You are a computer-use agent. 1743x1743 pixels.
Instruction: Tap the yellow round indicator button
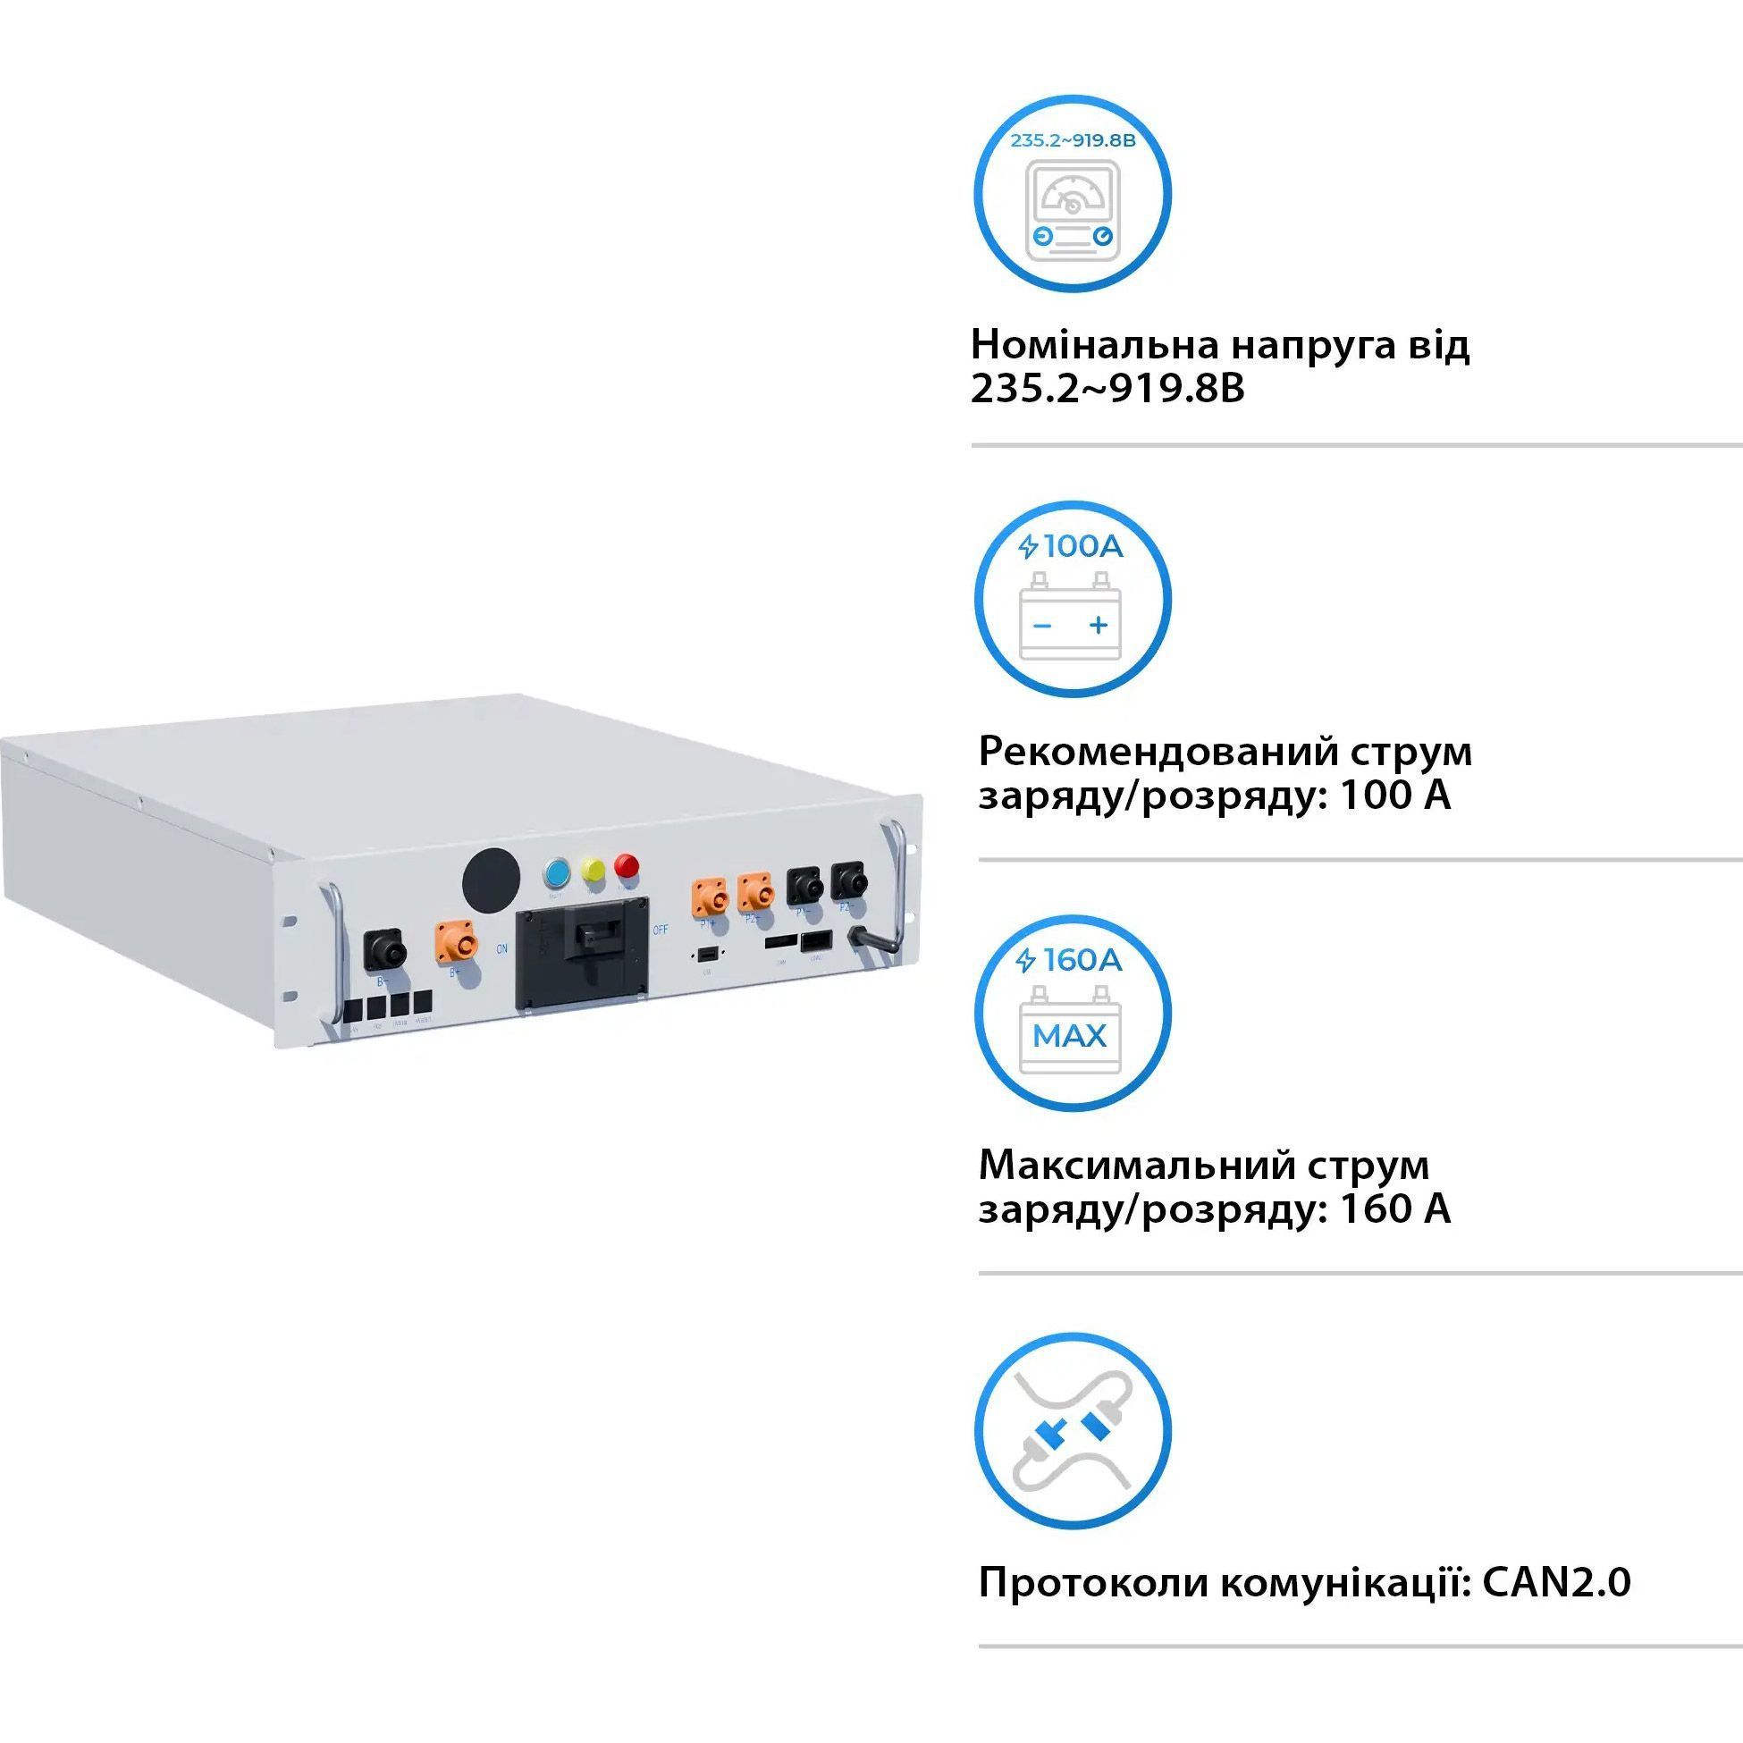click(x=593, y=871)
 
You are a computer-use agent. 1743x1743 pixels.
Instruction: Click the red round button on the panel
click(x=626, y=866)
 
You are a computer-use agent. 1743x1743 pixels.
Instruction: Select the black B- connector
click(x=384, y=953)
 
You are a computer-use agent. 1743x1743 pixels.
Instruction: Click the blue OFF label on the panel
click(x=661, y=930)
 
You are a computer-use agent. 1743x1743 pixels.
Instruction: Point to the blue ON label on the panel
click(x=502, y=949)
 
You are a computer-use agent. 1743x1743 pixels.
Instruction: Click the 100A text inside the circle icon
click(x=1082, y=547)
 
